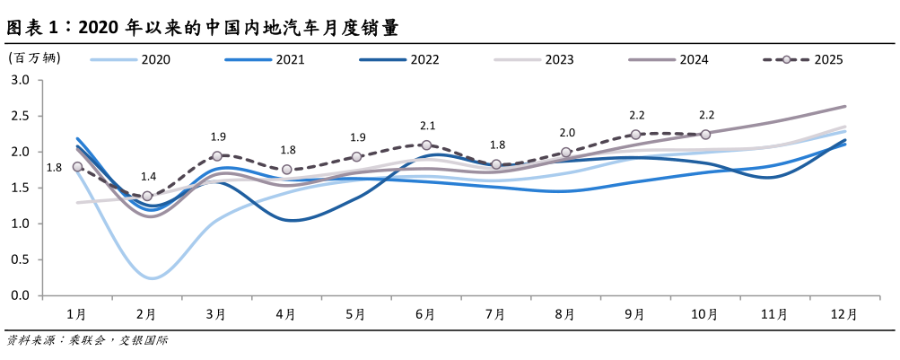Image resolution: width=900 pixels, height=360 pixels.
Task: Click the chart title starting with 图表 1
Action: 202,29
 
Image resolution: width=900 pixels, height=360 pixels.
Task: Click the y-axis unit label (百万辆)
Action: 35,58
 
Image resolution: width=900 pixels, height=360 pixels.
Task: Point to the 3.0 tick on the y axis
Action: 20,80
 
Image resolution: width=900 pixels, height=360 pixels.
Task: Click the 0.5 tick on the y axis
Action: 20,259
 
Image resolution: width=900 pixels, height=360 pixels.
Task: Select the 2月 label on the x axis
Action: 147,314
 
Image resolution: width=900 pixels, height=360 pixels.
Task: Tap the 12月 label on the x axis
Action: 844,314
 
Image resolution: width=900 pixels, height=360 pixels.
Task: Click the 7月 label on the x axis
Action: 496,314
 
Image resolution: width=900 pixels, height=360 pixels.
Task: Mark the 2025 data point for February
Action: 147,196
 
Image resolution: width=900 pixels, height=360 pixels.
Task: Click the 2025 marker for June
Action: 426,145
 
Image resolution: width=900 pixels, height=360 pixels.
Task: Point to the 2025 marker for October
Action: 705,135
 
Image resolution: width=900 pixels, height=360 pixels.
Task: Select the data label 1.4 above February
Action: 147,177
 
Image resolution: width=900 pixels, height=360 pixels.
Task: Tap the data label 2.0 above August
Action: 567,133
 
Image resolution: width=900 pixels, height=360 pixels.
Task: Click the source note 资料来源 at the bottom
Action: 88,341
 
